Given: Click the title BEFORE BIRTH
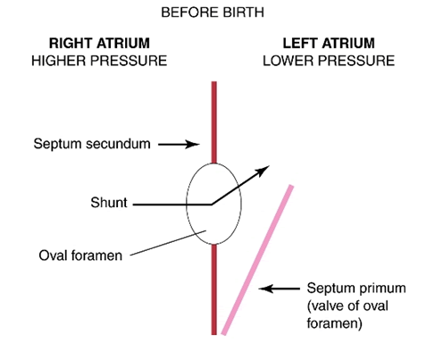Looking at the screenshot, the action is point(213,13).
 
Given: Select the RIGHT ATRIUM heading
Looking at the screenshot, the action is point(99,43).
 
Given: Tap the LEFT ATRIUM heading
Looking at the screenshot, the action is point(329,43).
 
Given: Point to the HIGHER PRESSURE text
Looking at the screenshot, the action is point(99,61).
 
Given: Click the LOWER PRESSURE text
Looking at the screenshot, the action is point(329,61).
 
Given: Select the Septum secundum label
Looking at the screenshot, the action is point(92,144).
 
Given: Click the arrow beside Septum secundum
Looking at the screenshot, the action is point(179,145).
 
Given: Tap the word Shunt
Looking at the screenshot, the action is point(109,203).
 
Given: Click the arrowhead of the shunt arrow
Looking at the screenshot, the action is point(263,171).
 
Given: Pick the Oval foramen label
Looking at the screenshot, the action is point(80,255).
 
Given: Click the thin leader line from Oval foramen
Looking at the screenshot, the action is point(168,243).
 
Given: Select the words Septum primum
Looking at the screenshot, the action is point(356,289).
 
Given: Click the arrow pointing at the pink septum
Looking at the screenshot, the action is point(280,289).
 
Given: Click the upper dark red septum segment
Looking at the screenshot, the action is point(214,122).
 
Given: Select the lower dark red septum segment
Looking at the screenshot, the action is point(214,289).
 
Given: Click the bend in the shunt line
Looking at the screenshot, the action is point(212,205).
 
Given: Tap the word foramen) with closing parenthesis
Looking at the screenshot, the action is point(334,323).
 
